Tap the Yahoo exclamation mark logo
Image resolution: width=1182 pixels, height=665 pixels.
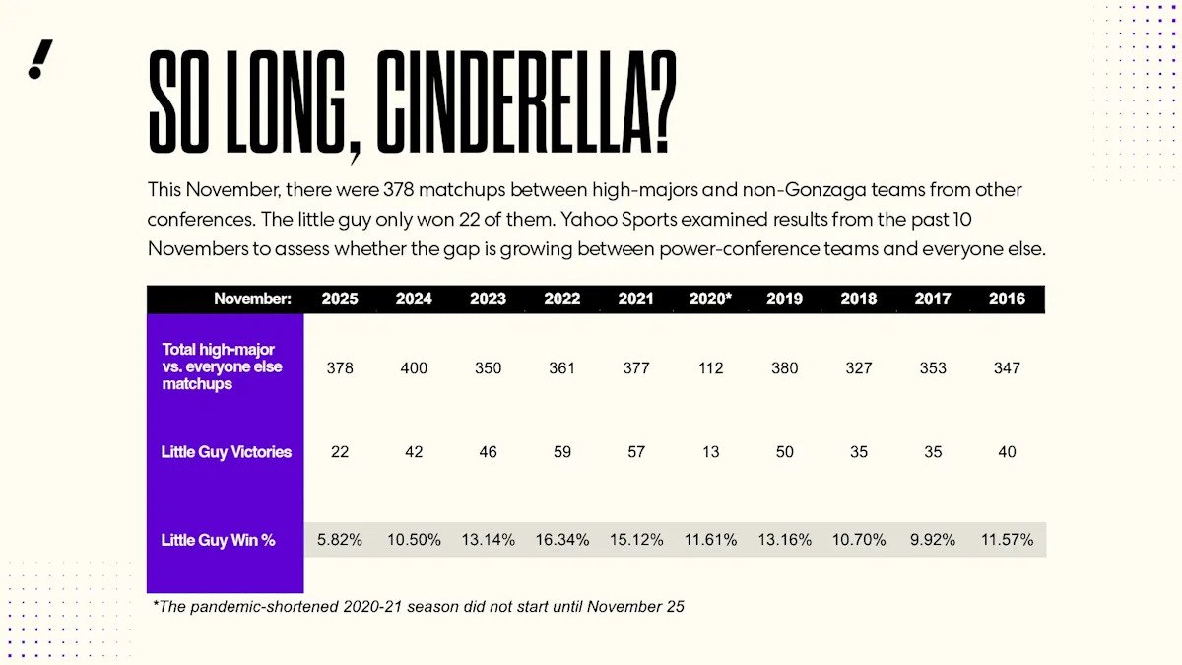40,60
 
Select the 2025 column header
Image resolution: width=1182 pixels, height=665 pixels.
340,299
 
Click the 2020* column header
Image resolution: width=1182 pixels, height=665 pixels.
710,299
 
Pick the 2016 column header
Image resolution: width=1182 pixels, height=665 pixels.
1007,299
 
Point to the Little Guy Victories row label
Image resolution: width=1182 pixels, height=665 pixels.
226,452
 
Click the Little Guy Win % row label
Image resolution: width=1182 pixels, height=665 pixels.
218,540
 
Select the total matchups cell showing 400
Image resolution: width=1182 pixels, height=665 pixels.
414,368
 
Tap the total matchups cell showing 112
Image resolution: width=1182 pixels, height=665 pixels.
710,368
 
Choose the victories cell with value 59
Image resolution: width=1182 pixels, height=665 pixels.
562,452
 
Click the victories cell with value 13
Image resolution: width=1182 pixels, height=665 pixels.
710,452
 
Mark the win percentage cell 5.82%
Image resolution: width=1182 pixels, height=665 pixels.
340,540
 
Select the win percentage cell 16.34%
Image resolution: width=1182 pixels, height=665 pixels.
562,540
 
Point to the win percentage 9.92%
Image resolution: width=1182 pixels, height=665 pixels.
933,540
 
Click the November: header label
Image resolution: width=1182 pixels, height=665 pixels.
252,299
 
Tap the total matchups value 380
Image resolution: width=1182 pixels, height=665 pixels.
785,368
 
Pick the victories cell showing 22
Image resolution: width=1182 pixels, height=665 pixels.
340,452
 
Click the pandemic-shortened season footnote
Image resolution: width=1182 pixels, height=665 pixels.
419,607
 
